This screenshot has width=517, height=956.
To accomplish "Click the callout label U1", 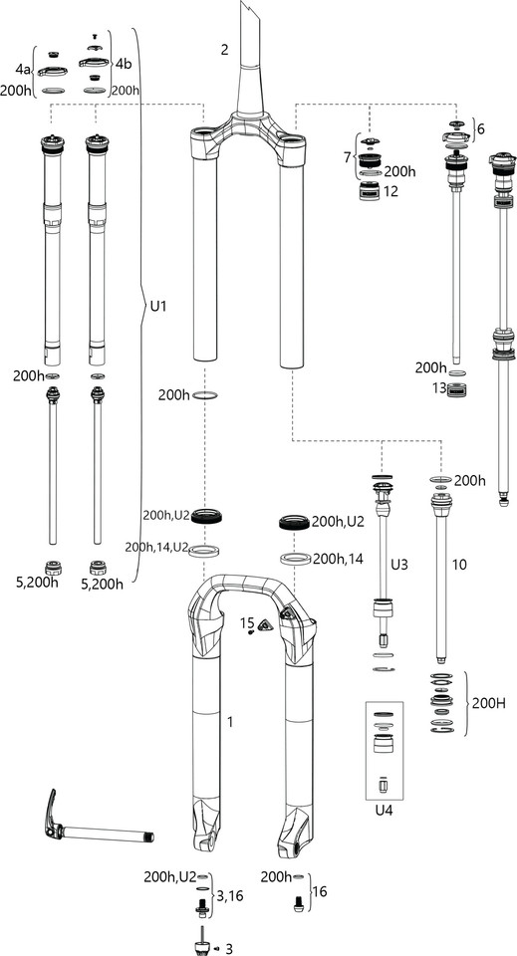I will pyautogui.click(x=158, y=307).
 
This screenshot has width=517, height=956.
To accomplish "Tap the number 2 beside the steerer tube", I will pyautogui.click(x=225, y=49).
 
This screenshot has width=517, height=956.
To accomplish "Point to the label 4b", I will pyautogui.click(x=124, y=64).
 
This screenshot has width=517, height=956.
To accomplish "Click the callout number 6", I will pyautogui.click(x=482, y=129).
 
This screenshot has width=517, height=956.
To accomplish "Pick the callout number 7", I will pyautogui.click(x=347, y=158).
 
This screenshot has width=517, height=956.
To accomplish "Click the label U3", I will pyautogui.click(x=399, y=565).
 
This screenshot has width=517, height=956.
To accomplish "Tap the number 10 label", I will pyautogui.click(x=459, y=565).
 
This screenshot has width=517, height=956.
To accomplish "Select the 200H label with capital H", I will pyautogui.click(x=488, y=704).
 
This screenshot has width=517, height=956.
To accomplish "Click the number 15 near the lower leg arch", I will pyautogui.click(x=247, y=622).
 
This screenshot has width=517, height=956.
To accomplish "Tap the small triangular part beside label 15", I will pyautogui.click(x=266, y=626).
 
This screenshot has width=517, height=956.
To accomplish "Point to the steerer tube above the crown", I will pyautogui.click(x=249, y=60).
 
